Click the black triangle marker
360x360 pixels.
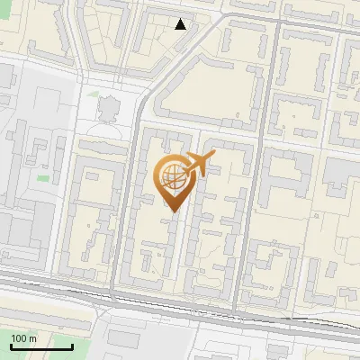[181, 24]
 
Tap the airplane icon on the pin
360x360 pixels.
[199, 165]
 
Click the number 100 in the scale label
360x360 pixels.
[19, 338]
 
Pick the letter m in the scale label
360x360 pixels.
[33, 338]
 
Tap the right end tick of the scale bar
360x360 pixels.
[72, 344]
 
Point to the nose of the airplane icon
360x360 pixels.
[214, 158]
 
